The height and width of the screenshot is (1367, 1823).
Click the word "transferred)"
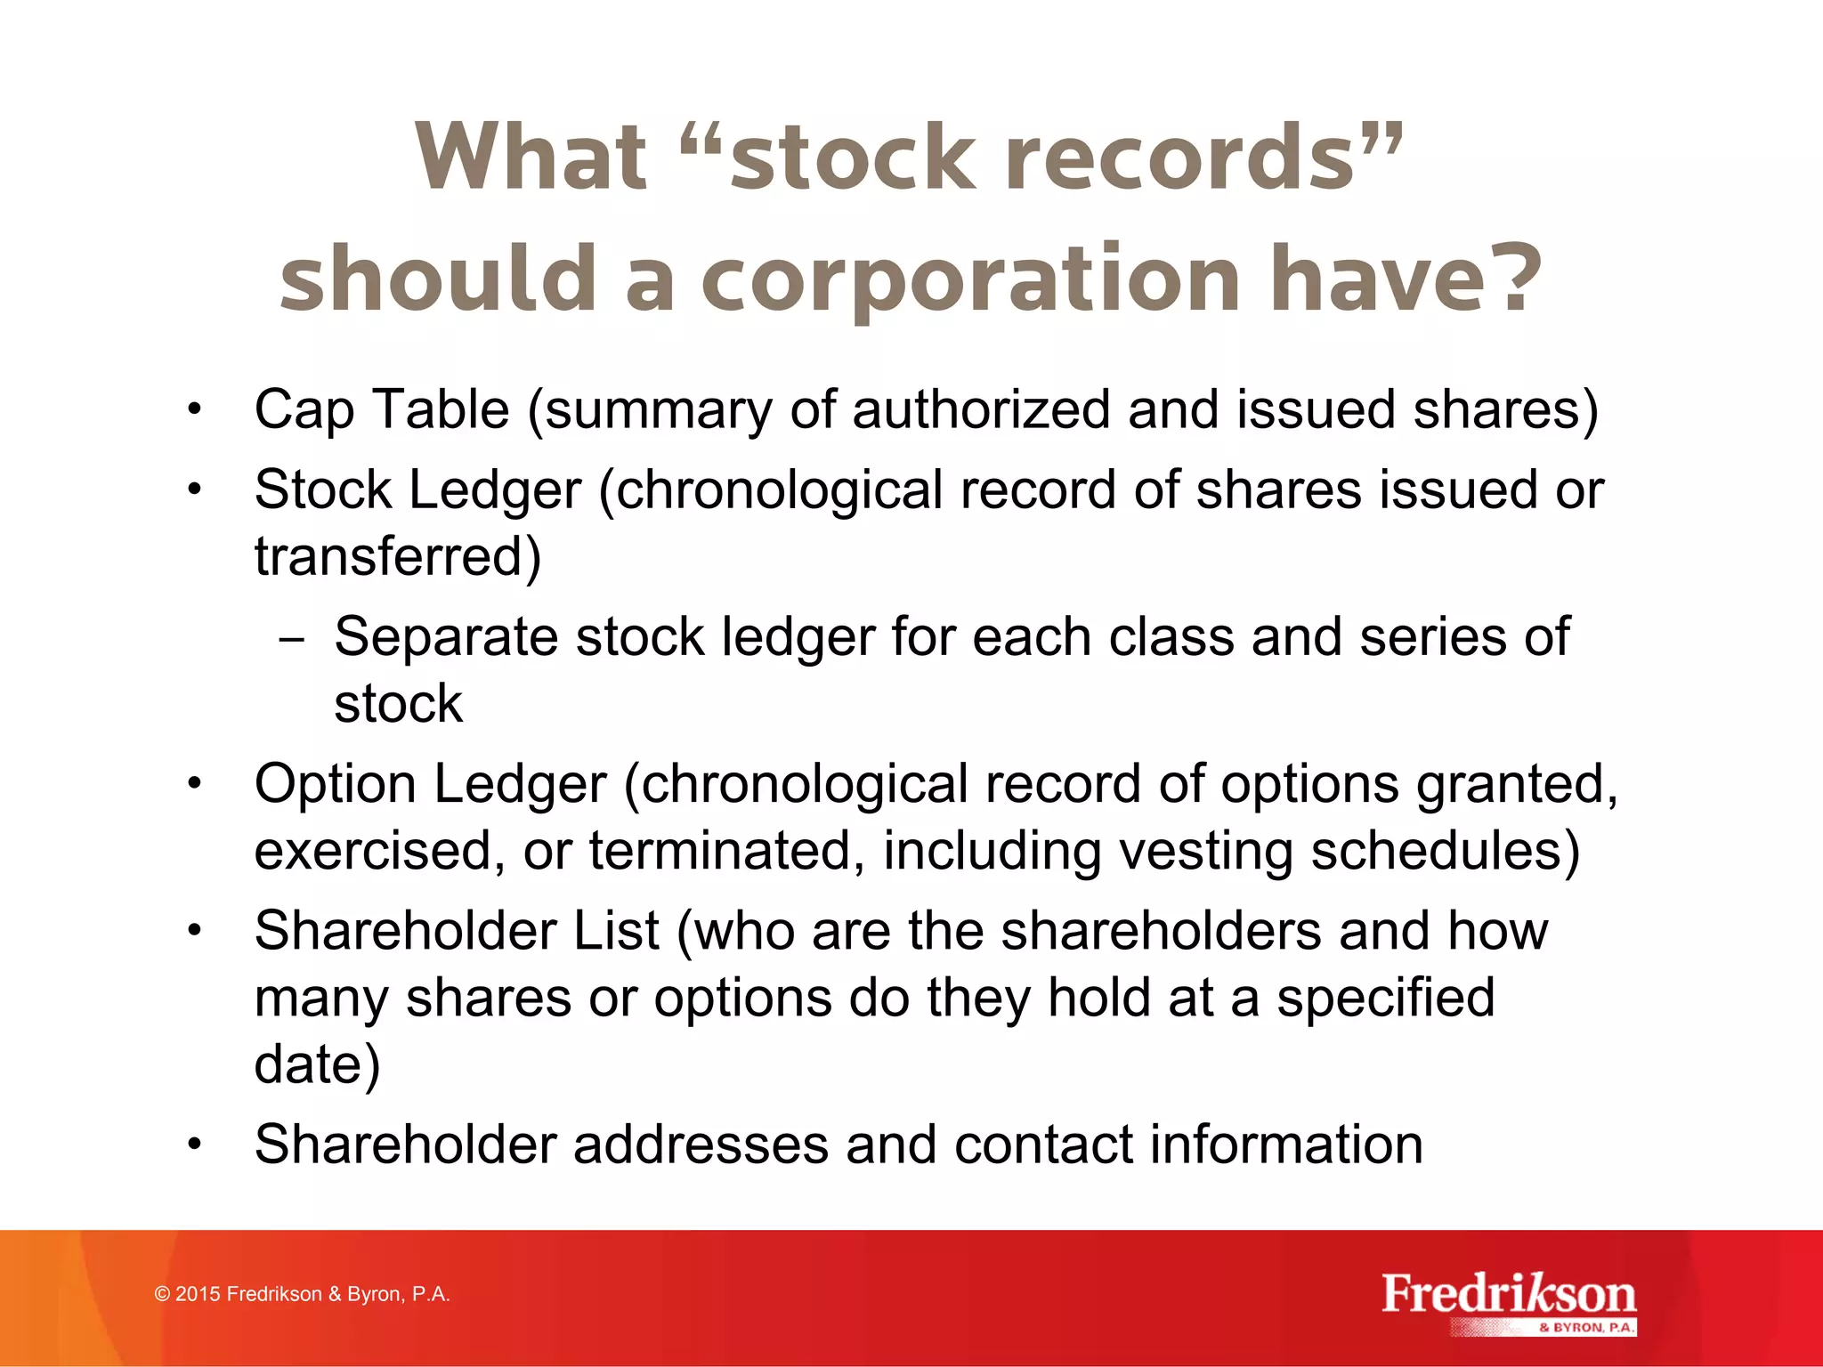398,557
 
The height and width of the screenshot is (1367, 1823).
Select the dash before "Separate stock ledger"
290,640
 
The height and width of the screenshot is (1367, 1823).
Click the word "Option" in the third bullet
336,785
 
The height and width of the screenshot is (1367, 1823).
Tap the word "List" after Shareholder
616,931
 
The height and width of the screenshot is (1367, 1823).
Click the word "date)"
317,1064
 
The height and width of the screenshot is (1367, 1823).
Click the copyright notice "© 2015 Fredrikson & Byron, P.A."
303,1294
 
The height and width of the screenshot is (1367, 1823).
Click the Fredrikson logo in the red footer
1508,1301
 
